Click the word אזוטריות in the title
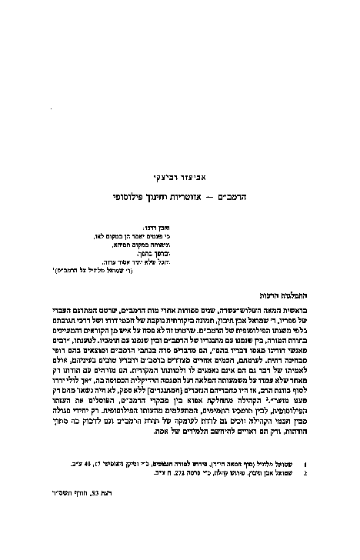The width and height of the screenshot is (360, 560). tap(195, 198)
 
